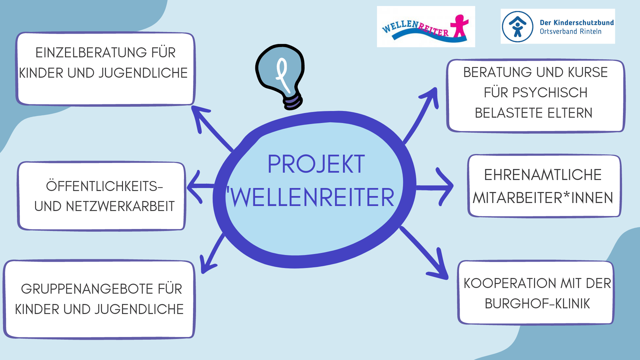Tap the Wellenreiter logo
[426, 27]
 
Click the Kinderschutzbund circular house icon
[518, 27]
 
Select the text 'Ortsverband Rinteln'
[570, 32]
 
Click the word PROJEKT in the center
[316, 164]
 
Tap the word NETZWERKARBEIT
[120, 206]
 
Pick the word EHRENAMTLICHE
[543, 175]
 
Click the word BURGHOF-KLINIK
[537, 304]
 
